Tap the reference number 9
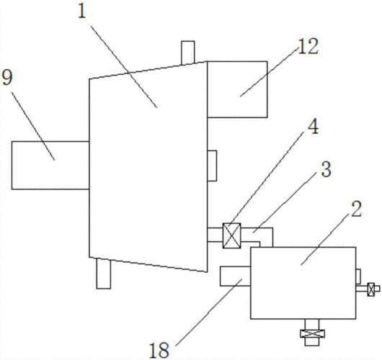(x=6, y=77)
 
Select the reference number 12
(x=308, y=46)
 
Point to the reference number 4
(x=313, y=127)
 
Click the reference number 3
(x=327, y=169)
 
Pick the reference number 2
(x=356, y=209)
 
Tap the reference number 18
(x=159, y=350)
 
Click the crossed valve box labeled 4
(x=231, y=235)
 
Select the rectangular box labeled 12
(x=237, y=89)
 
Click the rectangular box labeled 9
(x=50, y=166)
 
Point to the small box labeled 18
(x=236, y=276)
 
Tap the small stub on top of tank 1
(x=188, y=53)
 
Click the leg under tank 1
(x=104, y=274)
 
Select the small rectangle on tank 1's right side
(x=212, y=166)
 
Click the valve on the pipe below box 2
(x=312, y=333)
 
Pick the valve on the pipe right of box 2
(x=371, y=289)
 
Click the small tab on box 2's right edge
(x=358, y=276)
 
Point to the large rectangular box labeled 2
(x=303, y=283)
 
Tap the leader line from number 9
(x=33, y=126)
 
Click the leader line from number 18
(x=208, y=312)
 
